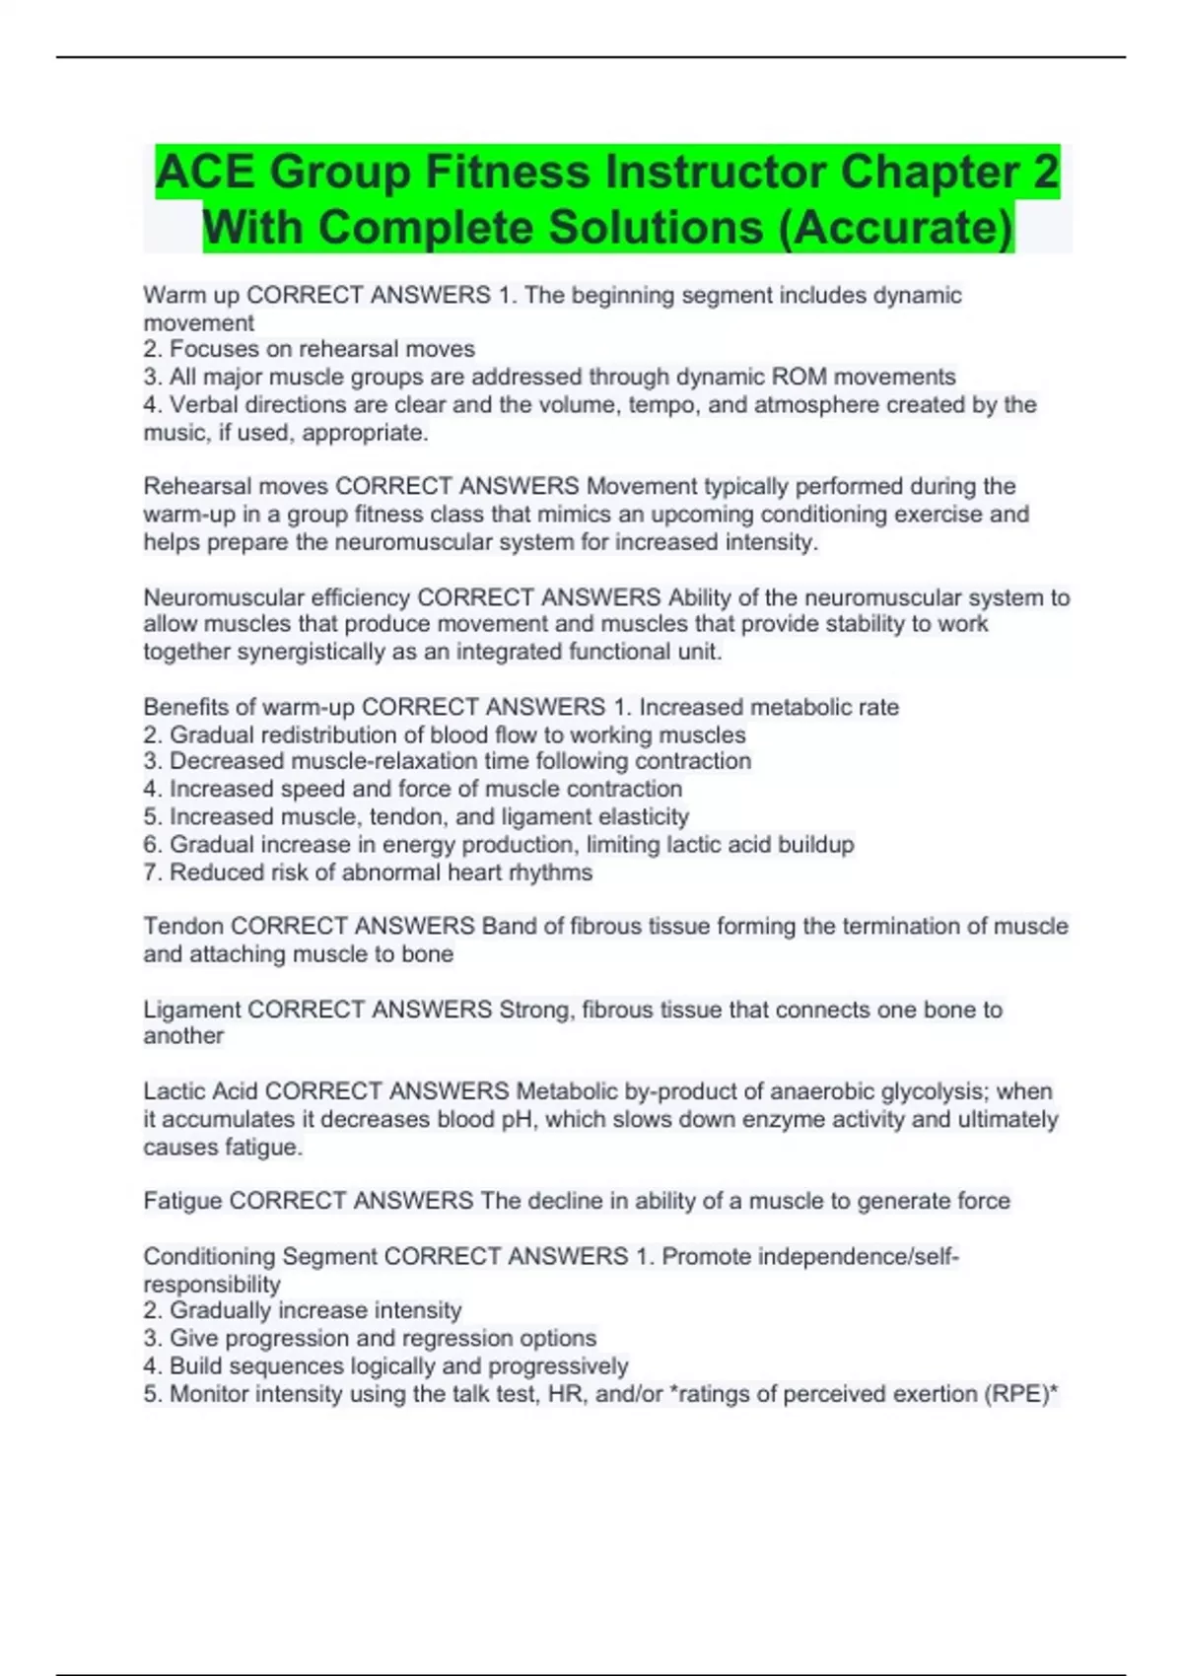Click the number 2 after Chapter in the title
pos(1045,172)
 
